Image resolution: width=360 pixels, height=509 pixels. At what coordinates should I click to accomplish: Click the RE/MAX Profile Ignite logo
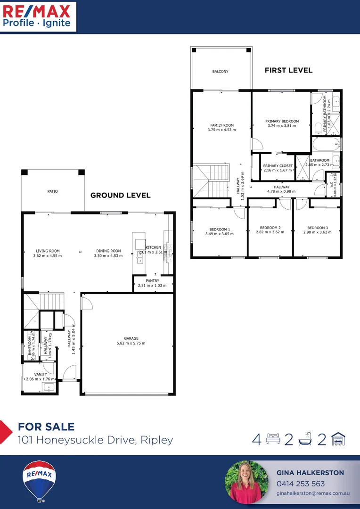(x=38, y=16)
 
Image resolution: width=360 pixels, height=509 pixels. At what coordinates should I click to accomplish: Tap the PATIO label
(x=52, y=191)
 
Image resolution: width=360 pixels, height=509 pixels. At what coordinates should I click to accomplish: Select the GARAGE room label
(x=131, y=338)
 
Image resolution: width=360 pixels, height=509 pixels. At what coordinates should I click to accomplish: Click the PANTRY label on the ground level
(x=152, y=281)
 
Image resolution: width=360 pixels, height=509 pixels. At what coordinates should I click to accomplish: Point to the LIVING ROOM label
(x=48, y=251)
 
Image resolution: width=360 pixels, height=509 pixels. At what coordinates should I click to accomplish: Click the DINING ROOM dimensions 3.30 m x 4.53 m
(x=108, y=256)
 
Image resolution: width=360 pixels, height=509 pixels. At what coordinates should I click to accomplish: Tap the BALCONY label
(x=220, y=72)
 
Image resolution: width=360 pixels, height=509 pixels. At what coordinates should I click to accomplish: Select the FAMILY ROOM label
(x=221, y=125)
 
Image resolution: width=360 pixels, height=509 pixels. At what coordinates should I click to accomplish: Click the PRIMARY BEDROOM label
(x=282, y=121)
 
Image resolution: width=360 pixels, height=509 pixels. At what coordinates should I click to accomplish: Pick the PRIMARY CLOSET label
(x=278, y=166)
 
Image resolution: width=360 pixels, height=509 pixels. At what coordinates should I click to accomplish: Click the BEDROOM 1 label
(x=219, y=229)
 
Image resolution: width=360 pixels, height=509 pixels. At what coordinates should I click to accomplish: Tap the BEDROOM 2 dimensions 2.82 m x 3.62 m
(x=270, y=232)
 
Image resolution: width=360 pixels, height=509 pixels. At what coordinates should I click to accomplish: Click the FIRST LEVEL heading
(x=288, y=70)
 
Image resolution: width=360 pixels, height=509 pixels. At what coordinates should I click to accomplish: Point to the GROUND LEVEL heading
(x=120, y=195)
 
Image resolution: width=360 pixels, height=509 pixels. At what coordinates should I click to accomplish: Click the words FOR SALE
(x=46, y=427)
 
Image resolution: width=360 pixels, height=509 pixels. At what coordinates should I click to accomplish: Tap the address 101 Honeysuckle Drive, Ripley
(x=95, y=440)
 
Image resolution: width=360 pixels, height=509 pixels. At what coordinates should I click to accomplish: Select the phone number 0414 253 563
(x=300, y=484)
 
